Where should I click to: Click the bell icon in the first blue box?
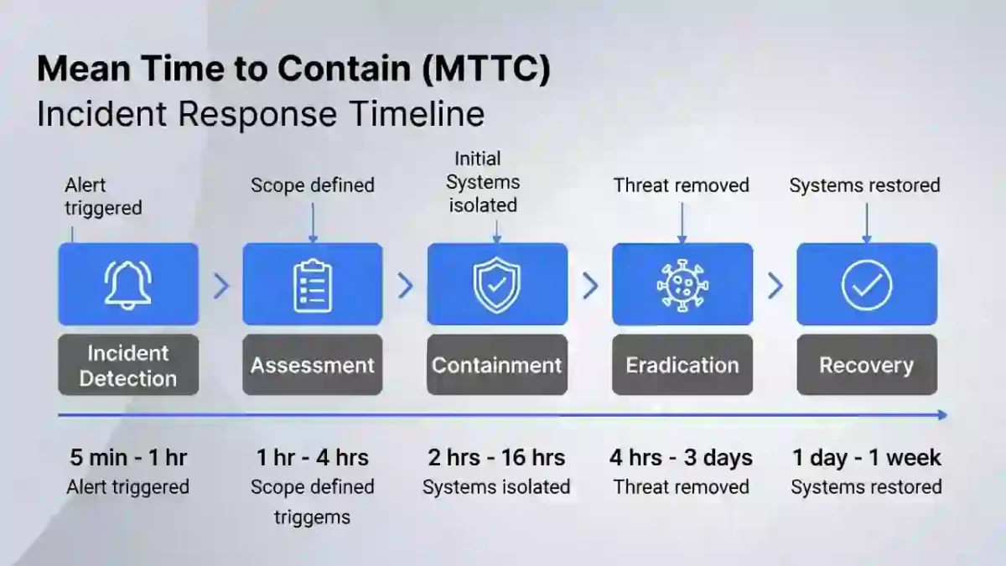[x=128, y=284]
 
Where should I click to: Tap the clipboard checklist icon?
[x=313, y=285]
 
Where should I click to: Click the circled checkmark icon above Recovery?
[x=866, y=285]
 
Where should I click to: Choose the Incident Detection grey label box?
[x=128, y=366]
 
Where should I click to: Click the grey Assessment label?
[x=313, y=366]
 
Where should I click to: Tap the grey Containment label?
[x=497, y=366]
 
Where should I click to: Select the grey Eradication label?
[x=682, y=366]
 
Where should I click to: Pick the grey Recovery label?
[x=866, y=366]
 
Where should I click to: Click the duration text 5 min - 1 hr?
[x=128, y=458]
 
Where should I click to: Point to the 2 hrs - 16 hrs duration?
[x=496, y=458]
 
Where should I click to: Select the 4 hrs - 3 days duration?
[x=681, y=458]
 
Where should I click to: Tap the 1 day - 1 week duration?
[x=867, y=458]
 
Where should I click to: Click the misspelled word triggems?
[x=312, y=517]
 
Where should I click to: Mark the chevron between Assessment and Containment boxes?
[x=406, y=286]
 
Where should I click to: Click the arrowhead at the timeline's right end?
[x=942, y=414]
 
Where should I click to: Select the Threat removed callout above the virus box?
[x=681, y=185]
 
